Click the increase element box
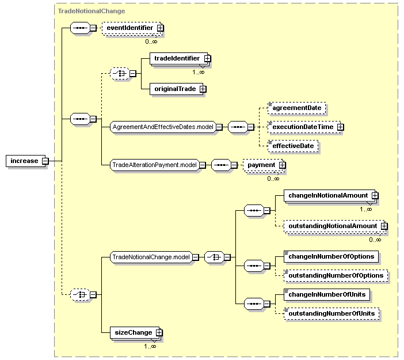click(25, 161)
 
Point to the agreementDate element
click(296, 108)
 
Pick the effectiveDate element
click(293, 146)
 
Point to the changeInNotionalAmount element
click(330, 196)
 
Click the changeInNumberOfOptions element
click(331, 256)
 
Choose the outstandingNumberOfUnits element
click(331, 313)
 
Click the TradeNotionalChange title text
click(92, 11)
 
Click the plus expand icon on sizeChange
click(159, 333)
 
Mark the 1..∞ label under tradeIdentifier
click(199, 72)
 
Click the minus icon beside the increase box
click(45, 161)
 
